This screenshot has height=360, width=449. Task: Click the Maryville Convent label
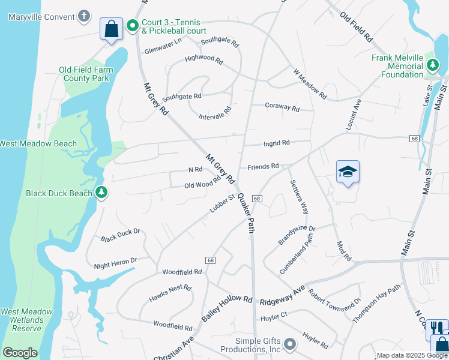coord(41,16)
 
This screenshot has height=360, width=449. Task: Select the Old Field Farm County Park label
coord(86,74)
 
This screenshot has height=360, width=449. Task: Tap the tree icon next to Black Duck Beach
coord(101,193)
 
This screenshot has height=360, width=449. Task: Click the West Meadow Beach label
coord(38,143)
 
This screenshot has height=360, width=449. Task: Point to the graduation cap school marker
coord(348,172)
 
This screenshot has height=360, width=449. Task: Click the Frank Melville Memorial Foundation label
coord(397,66)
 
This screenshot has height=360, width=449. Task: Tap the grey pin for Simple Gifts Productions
coord(290,344)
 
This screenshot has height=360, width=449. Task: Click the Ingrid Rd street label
coord(277,143)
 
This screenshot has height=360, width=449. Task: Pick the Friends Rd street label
coord(263,166)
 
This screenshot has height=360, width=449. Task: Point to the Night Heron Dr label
coord(116,263)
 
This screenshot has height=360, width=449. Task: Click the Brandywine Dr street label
coord(297,235)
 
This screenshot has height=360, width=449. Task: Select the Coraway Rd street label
coord(282,107)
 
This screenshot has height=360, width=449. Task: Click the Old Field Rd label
coord(356,27)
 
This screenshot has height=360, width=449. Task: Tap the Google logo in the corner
coord(20,353)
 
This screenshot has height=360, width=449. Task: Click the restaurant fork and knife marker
coord(436,328)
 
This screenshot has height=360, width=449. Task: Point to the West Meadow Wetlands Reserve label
coord(22,320)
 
